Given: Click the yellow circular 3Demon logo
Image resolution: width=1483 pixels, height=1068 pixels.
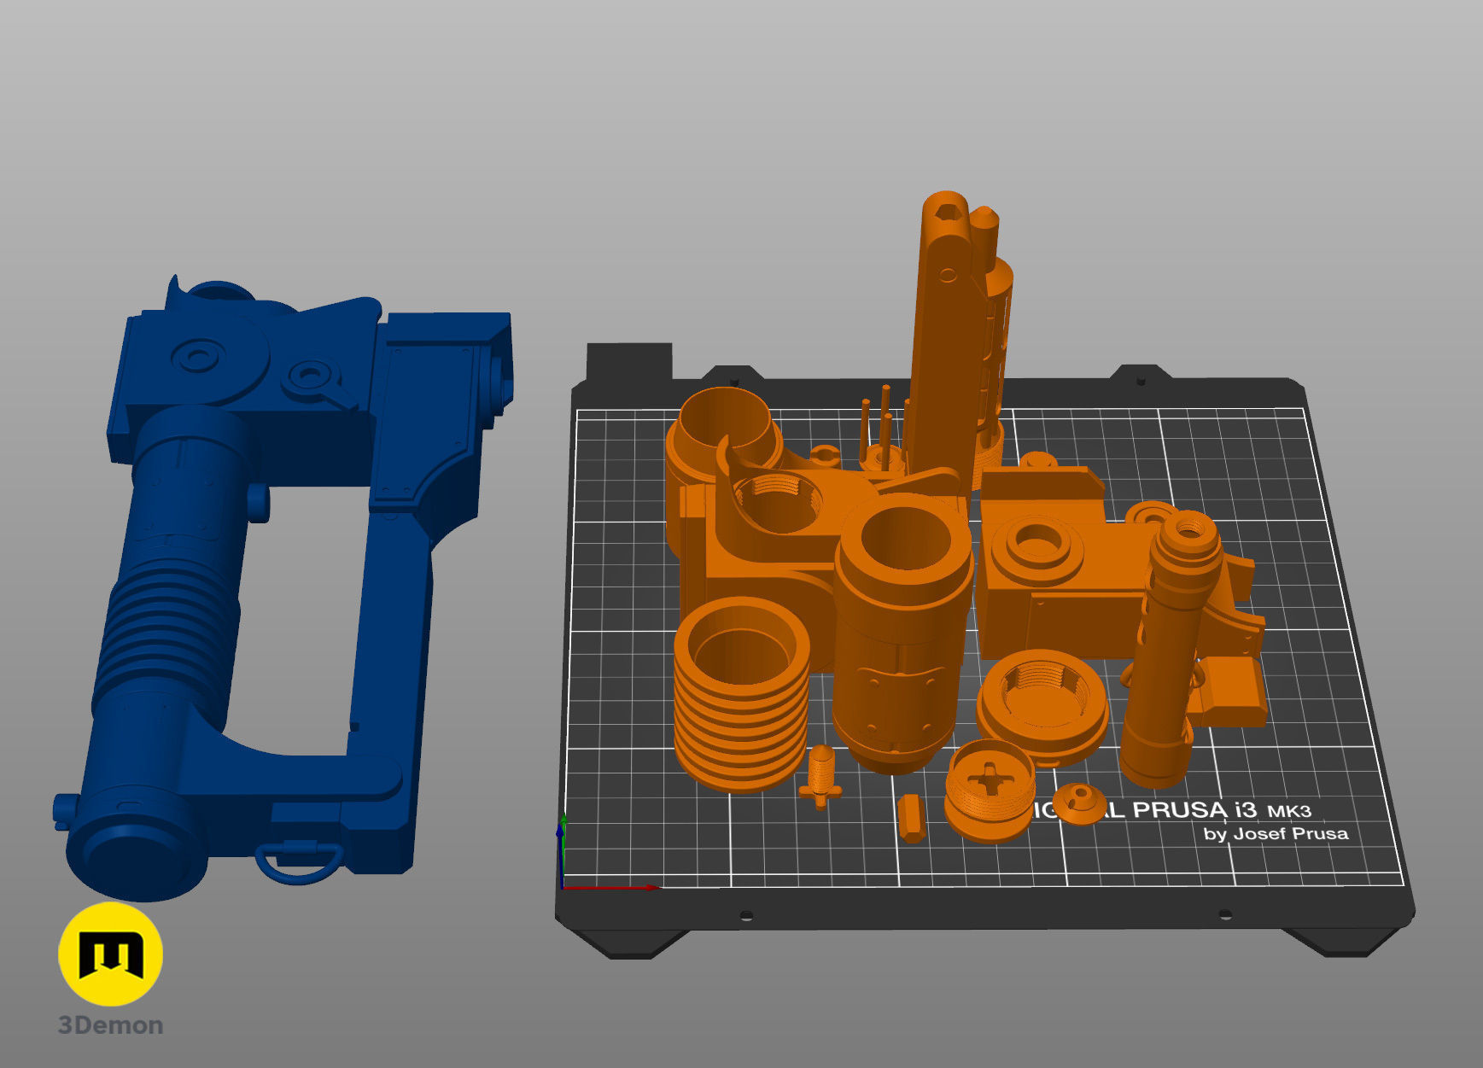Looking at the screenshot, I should pos(110,954).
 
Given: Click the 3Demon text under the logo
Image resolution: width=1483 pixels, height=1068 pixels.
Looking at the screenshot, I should pos(110,1025).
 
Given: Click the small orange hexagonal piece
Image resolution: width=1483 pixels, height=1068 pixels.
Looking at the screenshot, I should pos(911,817).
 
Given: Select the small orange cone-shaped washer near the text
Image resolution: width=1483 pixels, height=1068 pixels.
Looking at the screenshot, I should pos(1080,802).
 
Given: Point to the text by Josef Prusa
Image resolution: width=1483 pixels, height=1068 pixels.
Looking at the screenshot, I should pos(1276,833).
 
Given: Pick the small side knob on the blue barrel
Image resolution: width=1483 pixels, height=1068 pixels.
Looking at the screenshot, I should pos(259,501).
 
